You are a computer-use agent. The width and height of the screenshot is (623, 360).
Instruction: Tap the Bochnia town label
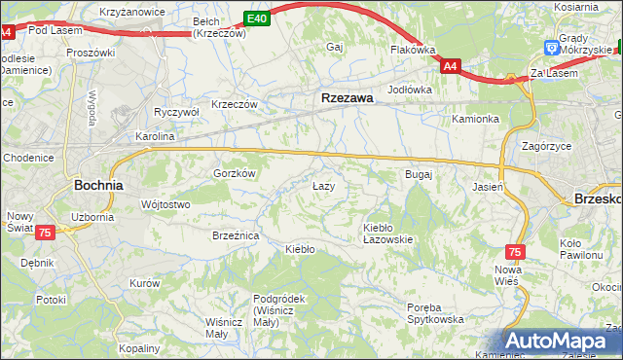[x=98, y=184]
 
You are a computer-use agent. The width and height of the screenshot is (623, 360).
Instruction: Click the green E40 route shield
[x=256, y=18]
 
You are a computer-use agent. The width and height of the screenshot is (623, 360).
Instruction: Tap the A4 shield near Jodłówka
[x=450, y=66]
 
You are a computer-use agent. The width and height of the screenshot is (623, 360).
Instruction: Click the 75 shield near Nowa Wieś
[x=515, y=251]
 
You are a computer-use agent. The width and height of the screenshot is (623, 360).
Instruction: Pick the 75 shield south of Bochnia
[x=45, y=233]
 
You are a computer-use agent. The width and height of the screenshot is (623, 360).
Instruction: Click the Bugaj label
[x=418, y=174]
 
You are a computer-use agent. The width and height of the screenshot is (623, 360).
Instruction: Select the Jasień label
[x=487, y=186]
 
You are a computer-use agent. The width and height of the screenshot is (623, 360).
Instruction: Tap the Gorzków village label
[x=234, y=173]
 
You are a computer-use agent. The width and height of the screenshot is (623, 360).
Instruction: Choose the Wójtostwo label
[x=165, y=204]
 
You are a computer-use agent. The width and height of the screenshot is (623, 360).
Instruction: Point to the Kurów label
[x=144, y=283]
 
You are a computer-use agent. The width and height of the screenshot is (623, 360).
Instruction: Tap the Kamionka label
[x=475, y=119]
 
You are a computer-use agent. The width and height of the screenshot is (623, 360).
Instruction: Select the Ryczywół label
[x=176, y=112]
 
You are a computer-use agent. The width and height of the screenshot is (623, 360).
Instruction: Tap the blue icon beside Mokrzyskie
[x=552, y=46]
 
